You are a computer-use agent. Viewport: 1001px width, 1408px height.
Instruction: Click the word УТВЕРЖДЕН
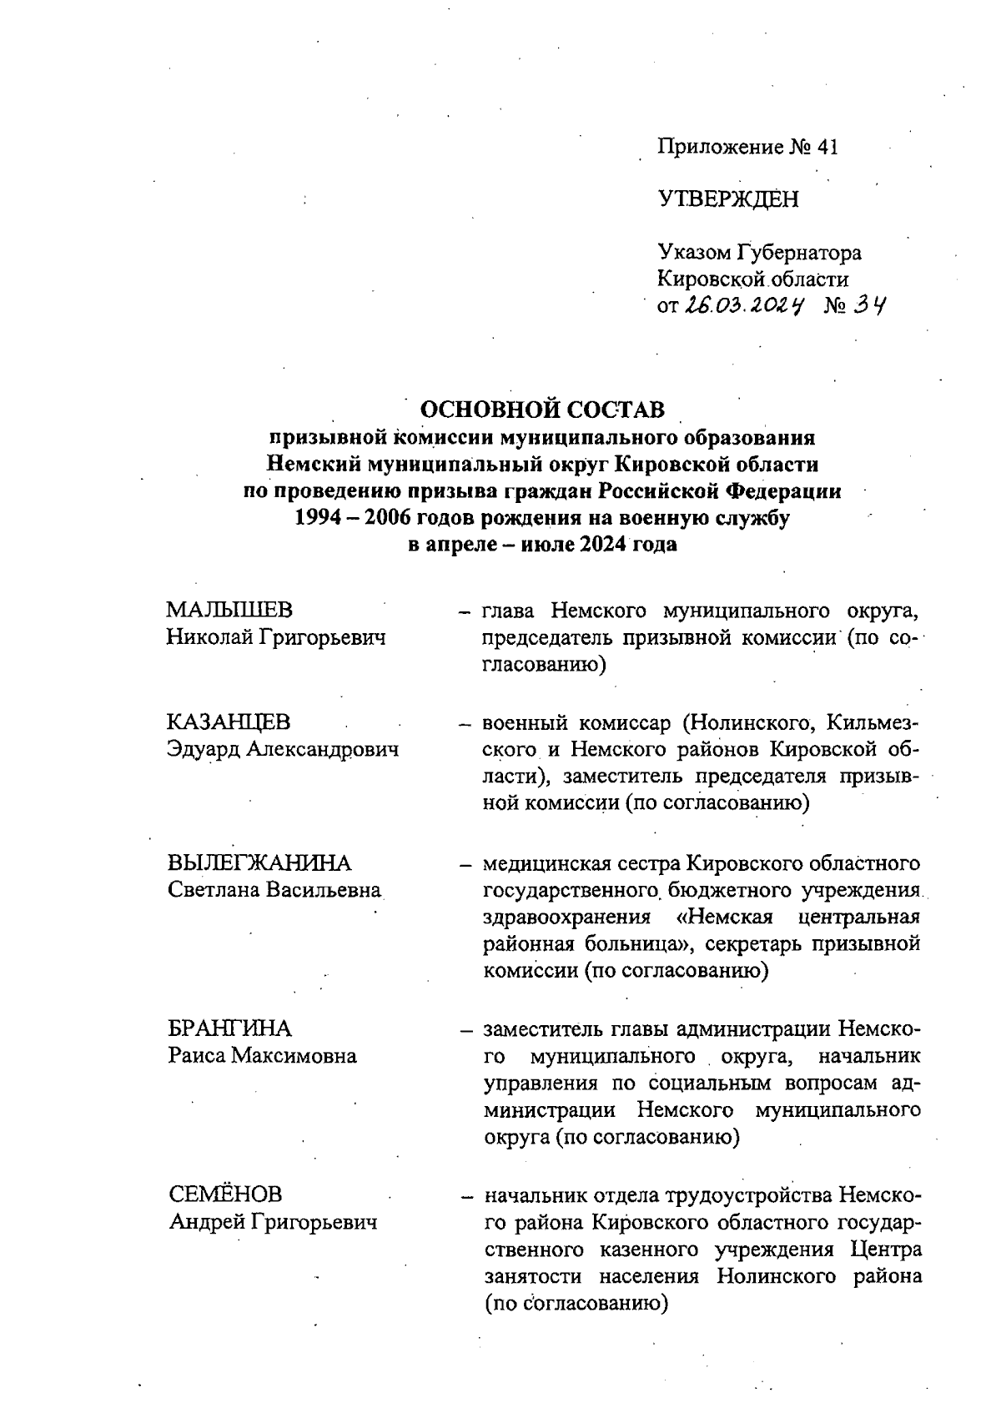727,199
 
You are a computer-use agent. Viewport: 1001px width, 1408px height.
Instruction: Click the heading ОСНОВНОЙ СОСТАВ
542,410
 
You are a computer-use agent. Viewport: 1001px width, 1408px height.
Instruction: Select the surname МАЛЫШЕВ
229,611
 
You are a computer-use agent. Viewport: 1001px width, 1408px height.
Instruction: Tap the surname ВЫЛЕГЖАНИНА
259,862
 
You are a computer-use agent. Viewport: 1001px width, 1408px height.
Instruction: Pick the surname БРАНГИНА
229,1028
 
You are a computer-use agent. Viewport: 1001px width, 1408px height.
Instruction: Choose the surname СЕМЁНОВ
225,1194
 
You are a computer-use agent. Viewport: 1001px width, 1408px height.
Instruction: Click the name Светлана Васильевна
274,889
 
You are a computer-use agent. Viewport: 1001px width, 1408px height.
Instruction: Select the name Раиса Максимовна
262,1055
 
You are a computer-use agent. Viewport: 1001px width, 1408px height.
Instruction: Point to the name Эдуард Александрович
283,749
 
